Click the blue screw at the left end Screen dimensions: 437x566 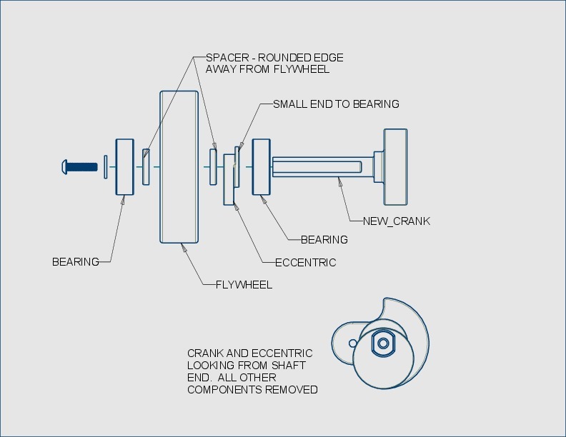coord(78,166)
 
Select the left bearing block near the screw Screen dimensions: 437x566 coord(125,166)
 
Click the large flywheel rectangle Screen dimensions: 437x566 coord(179,167)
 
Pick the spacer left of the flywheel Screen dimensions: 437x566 coord(146,166)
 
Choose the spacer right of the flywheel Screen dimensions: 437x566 coord(213,166)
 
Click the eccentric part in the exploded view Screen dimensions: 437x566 coord(230,179)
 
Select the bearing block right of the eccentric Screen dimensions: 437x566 coord(261,166)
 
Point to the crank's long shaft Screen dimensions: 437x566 coord(322,167)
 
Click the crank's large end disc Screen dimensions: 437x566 coord(395,166)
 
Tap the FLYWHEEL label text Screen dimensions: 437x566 coord(244,285)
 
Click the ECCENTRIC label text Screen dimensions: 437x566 coord(305,263)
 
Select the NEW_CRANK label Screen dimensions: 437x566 coord(397,221)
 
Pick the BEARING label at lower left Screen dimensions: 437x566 coord(76,262)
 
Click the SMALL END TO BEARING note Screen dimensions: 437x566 coord(336,104)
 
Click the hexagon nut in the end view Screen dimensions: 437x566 coord(383,343)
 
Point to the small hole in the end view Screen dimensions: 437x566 coord(352,343)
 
